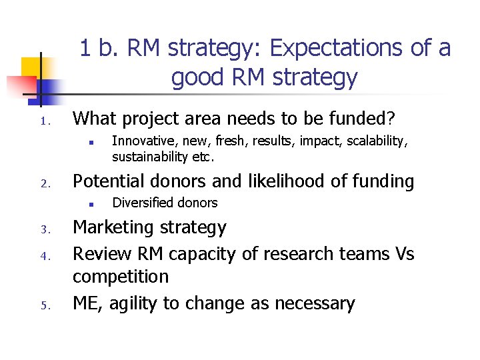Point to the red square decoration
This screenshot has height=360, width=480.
(20, 85)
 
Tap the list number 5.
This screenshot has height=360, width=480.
(45, 307)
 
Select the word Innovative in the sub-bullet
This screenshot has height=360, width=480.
(138, 141)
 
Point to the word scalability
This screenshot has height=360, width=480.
(377, 141)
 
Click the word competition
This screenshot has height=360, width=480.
(120, 277)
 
